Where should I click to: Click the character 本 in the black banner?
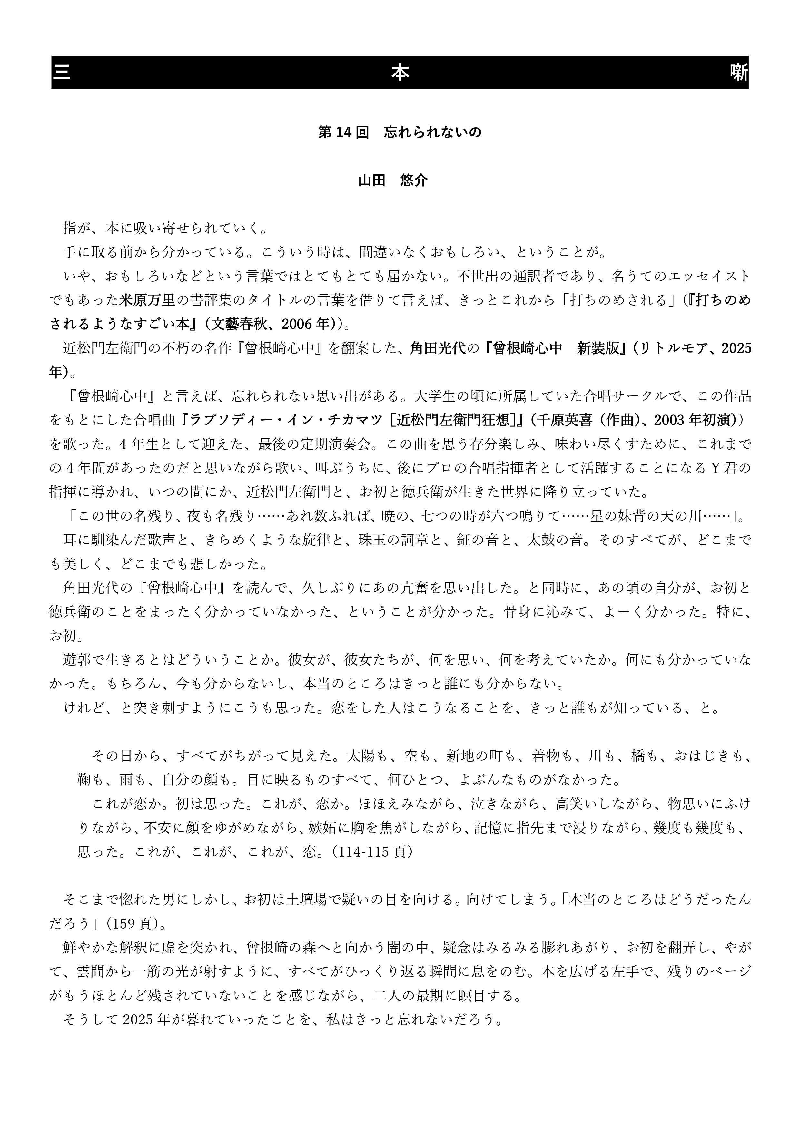[400, 73]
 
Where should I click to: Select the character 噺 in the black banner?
[739, 73]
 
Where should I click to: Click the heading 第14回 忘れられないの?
[400, 132]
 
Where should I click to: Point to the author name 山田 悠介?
[393, 180]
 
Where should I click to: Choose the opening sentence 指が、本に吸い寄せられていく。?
[166, 229]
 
